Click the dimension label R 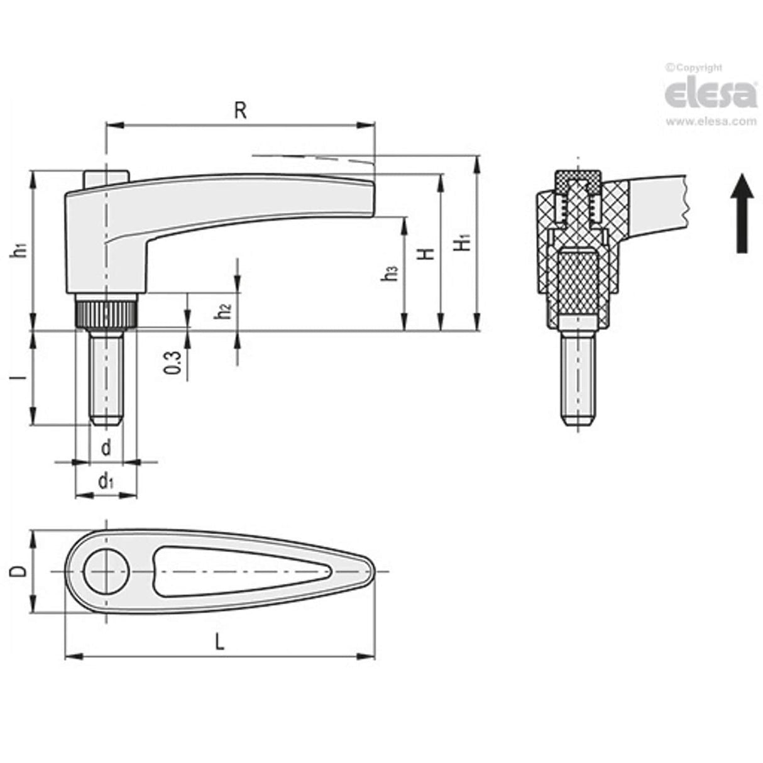pos(240,110)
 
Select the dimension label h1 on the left pos(21,249)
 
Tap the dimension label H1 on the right pos(464,242)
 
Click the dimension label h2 pos(224,310)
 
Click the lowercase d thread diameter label pos(106,447)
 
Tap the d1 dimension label pos(106,482)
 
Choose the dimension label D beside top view pos(21,571)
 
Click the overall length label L pos(219,642)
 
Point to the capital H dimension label pos(427,253)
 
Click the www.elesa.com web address pos(711,122)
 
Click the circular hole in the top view pos(106,571)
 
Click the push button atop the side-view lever pos(106,177)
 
